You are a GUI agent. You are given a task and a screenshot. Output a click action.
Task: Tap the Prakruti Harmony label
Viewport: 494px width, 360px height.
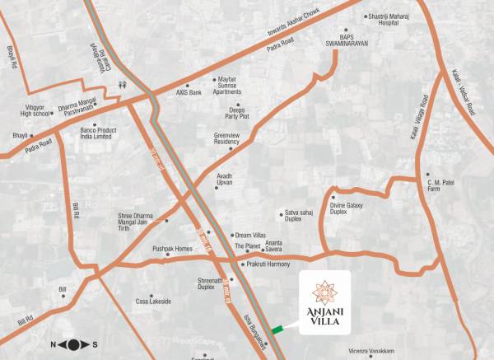268,264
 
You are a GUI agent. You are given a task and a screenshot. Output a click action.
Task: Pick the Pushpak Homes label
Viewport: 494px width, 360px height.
172,249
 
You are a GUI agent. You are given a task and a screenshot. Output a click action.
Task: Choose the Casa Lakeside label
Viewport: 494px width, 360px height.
154,302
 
